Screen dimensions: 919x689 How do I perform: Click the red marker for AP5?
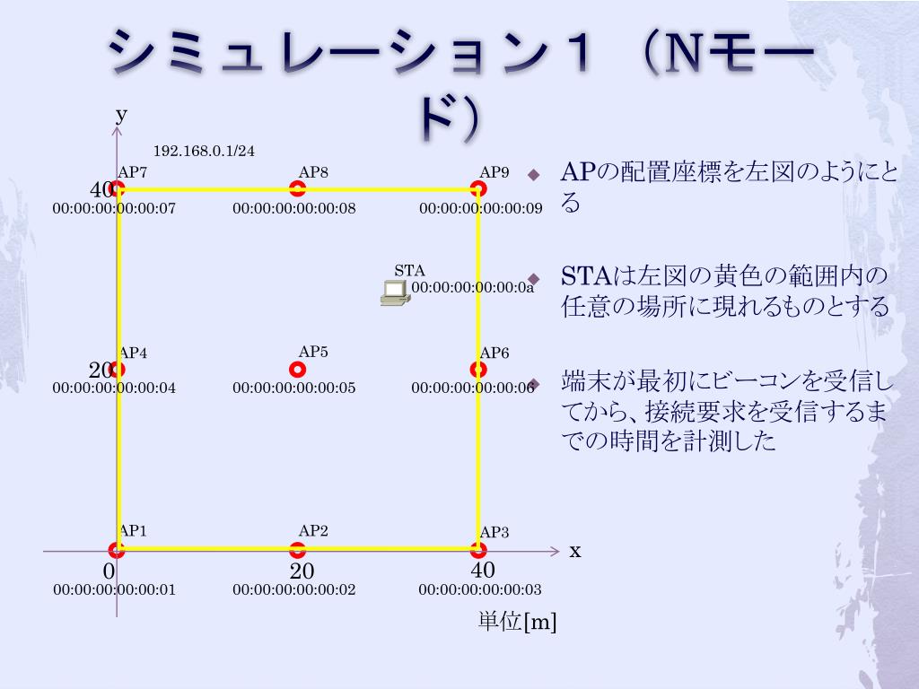point(298,369)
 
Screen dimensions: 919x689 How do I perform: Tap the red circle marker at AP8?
point(298,188)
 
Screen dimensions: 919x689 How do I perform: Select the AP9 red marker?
point(478,188)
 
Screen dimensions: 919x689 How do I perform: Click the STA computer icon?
point(394,292)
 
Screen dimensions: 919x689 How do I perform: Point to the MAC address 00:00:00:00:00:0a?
point(473,288)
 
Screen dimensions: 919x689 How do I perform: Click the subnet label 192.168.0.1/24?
point(204,151)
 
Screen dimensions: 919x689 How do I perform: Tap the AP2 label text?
point(313,531)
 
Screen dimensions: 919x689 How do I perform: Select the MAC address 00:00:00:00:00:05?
point(294,388)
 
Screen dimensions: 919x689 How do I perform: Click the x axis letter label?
point(575,551)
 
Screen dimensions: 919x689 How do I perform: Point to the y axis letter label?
point(121,114)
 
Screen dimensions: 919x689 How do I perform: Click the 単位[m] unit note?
point(517,622)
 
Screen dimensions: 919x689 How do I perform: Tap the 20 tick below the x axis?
point(302,571)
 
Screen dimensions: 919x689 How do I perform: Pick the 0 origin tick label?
point(109,571)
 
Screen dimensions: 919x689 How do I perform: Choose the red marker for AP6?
point(478,369)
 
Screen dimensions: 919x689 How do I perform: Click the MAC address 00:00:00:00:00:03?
point(480,590)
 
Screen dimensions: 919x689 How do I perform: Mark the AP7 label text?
point(133,172)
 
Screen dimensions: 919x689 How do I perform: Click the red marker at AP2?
point(298,550)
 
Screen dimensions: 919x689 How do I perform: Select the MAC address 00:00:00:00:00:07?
point(114,209)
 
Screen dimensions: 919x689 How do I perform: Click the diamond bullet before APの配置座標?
point(534,173)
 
